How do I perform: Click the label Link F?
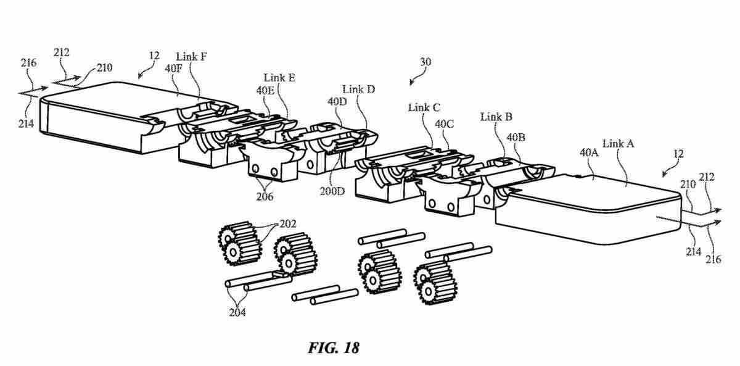coord(191,57)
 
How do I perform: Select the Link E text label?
coord(279,78)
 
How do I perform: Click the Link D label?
coord(359,89)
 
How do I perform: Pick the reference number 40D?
coord(337,101)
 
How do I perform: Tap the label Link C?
coord(424,107)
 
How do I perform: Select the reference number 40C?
coord(445,123)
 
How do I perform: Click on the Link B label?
coord(496,117)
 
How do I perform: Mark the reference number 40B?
coord(516,136)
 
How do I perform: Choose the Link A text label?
coord(619,144)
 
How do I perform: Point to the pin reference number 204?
coord(237,312)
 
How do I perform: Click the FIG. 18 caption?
coord(332,347)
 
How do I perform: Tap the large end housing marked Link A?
coord(586,210)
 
